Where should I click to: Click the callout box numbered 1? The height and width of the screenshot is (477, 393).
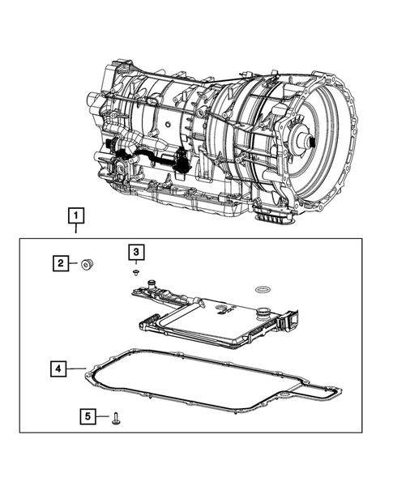pyautogui.click(x=75, y=215)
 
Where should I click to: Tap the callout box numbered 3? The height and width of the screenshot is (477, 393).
pyautogui.click(x=136, y=253)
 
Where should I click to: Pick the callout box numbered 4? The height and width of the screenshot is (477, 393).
pyautogui.click(x=58, y=369)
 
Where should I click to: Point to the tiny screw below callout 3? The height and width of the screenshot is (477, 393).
pyautogui.click(x=137, y=273)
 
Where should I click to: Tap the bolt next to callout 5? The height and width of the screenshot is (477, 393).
pyautogui.click(x=117, y=417)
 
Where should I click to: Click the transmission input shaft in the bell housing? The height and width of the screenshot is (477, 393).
pyautogui.click(x=305, y=139)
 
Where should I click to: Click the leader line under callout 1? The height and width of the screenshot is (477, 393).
pyautogui.click(x=75, y=229)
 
